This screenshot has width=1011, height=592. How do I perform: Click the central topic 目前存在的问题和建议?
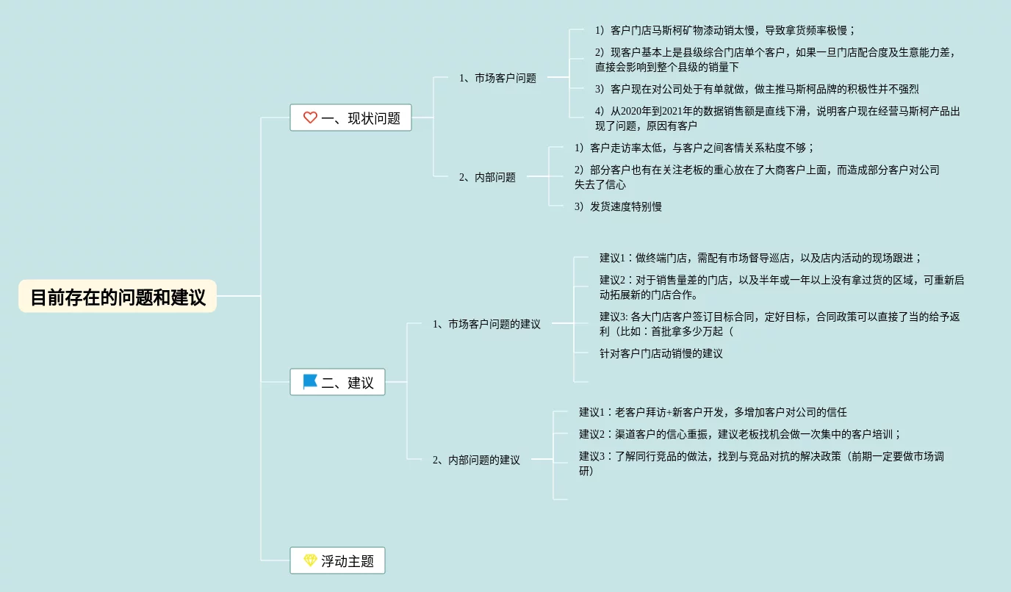(118, 297)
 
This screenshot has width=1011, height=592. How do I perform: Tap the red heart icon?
(310, 118)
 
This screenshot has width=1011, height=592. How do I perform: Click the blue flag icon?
(310, 382)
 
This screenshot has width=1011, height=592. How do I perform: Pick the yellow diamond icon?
(310, 561)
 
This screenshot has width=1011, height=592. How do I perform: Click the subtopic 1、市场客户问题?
(497, 78)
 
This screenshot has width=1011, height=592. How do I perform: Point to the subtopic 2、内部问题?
(487, 177)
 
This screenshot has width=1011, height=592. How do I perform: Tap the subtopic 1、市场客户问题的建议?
(486, 324)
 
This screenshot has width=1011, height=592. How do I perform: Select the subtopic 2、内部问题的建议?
(476, 460)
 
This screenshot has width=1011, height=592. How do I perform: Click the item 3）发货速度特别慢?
(618, 206)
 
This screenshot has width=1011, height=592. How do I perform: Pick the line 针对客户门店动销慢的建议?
(661, 353)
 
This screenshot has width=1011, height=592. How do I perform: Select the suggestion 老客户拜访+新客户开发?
(713, 412)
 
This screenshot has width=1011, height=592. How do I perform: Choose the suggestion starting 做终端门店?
(760, 258)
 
